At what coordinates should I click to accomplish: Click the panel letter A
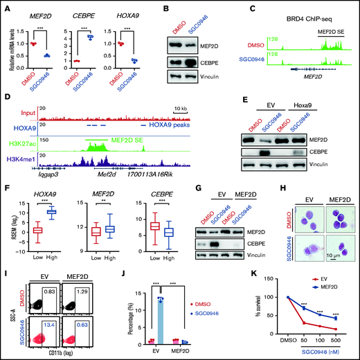pyautogui.click(x=6, y=6)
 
